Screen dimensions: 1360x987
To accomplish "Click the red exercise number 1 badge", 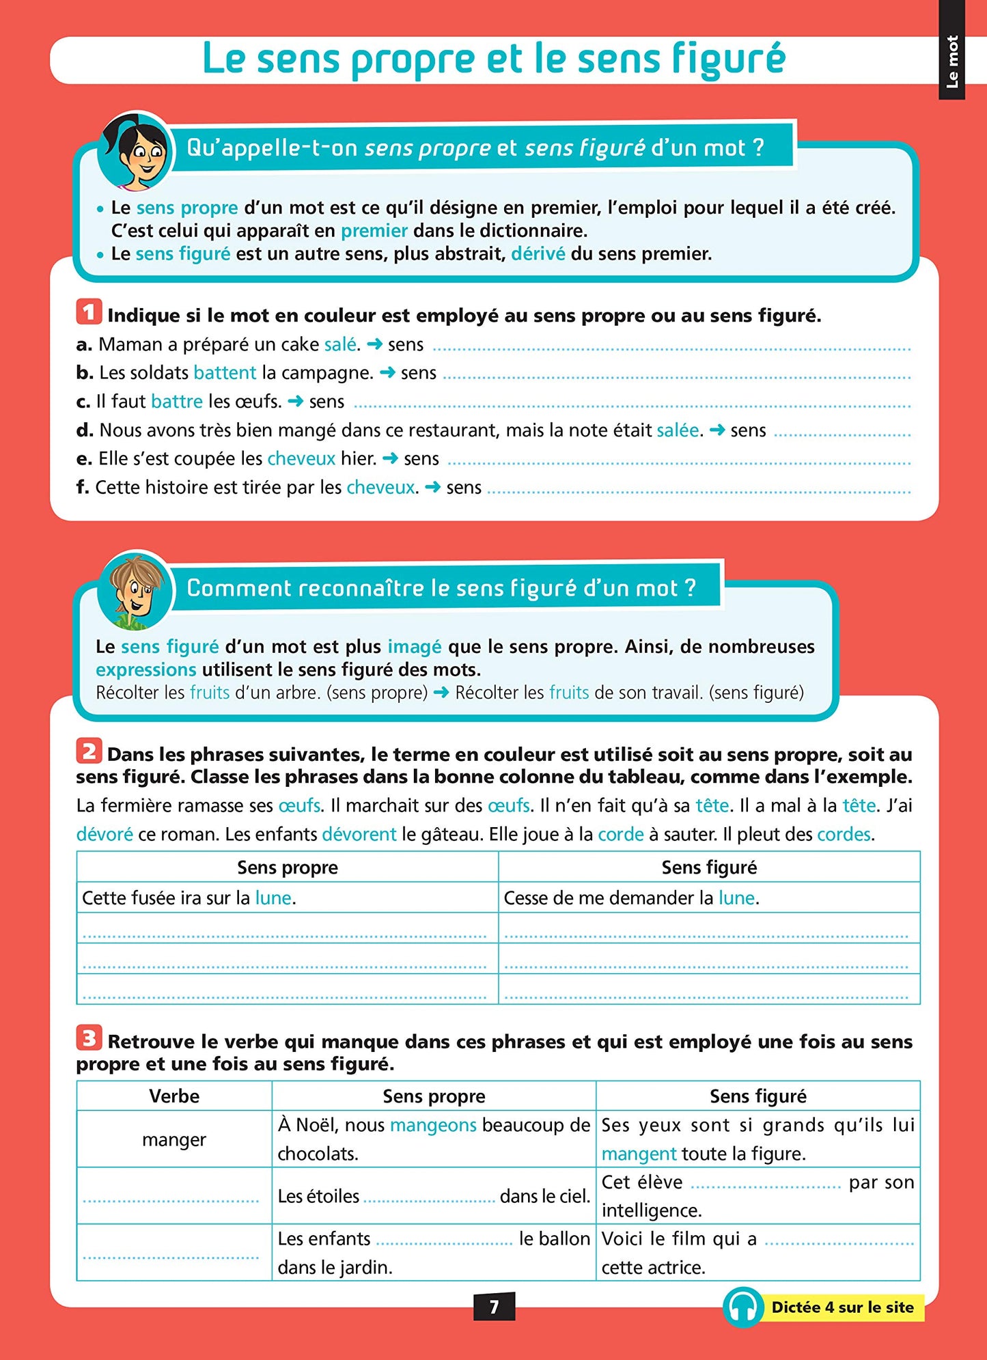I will point(89,312).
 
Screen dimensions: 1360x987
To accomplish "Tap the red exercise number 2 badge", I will point(89,751).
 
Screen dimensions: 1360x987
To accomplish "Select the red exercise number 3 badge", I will point(89,1038).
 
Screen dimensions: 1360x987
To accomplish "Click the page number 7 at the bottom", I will point(494,1306).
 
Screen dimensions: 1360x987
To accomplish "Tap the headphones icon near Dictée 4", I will point(743,1307).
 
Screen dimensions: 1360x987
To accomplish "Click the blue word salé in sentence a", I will point(340,344).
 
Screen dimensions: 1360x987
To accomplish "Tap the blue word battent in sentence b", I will point(225,373).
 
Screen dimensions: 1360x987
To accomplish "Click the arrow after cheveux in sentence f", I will point(432,487).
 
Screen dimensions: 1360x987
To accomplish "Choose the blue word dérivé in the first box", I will point(538,254).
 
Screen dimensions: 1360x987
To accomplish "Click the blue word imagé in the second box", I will point(415,646).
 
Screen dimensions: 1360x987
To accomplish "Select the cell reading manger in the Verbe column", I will point(174,1139).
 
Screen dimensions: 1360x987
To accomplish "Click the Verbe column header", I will point(174,1096).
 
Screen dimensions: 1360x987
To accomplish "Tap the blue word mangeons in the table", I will point(433,1125).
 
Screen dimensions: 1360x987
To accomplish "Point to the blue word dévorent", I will point(359,834).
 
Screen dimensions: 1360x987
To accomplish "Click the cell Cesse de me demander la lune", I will point(631,898).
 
